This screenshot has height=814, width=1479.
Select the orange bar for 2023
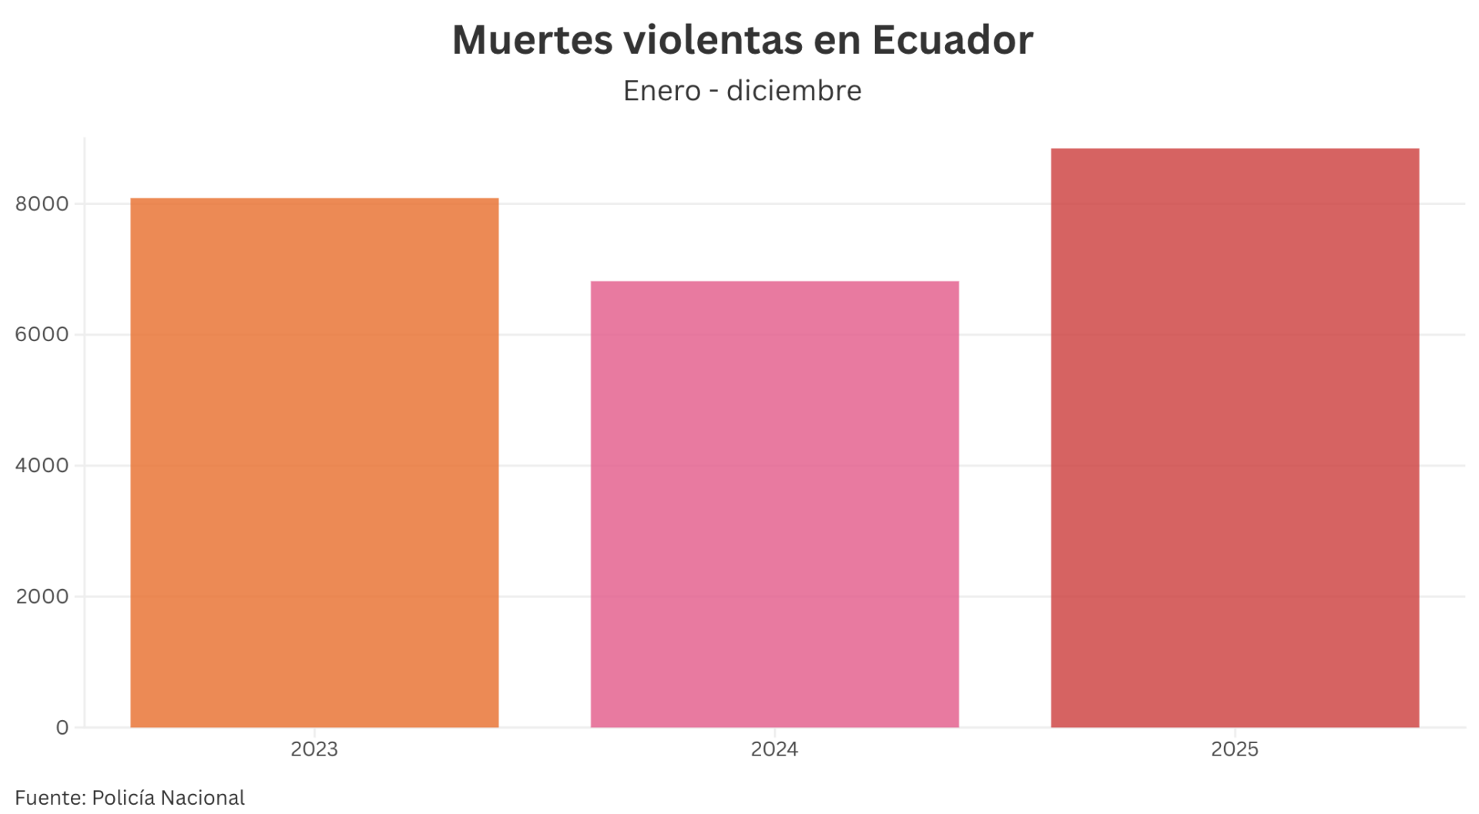click(314, 462)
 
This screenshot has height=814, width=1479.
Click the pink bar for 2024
click(774, 504)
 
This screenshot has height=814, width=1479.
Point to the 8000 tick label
click(42, 204)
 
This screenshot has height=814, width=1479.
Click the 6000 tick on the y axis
click(42, 335)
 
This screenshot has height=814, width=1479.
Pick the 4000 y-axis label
click(42, 466)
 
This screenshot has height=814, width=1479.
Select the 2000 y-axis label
click(42, 597)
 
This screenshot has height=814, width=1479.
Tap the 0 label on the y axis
click(62, 728)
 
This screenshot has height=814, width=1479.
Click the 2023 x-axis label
click(314, 749)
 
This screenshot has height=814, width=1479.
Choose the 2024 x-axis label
click(774, 749)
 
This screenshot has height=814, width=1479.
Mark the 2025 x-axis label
click(1235, 749)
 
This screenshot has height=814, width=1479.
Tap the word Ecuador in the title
click(952, 40)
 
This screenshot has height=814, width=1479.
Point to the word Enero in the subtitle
click(662, 91)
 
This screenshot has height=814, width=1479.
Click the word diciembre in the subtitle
click(793, 91)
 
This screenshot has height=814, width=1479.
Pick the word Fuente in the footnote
click(49, 798)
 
